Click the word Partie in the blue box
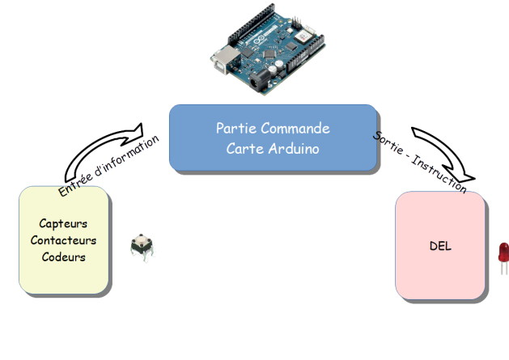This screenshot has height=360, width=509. [x=233, y=129]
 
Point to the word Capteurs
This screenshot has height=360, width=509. [x=63, y=223]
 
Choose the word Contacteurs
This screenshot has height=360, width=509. [x=63, y=240]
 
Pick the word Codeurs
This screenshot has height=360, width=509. [x=63, y=257]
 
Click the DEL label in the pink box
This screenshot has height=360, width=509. [x=440, y=246]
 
